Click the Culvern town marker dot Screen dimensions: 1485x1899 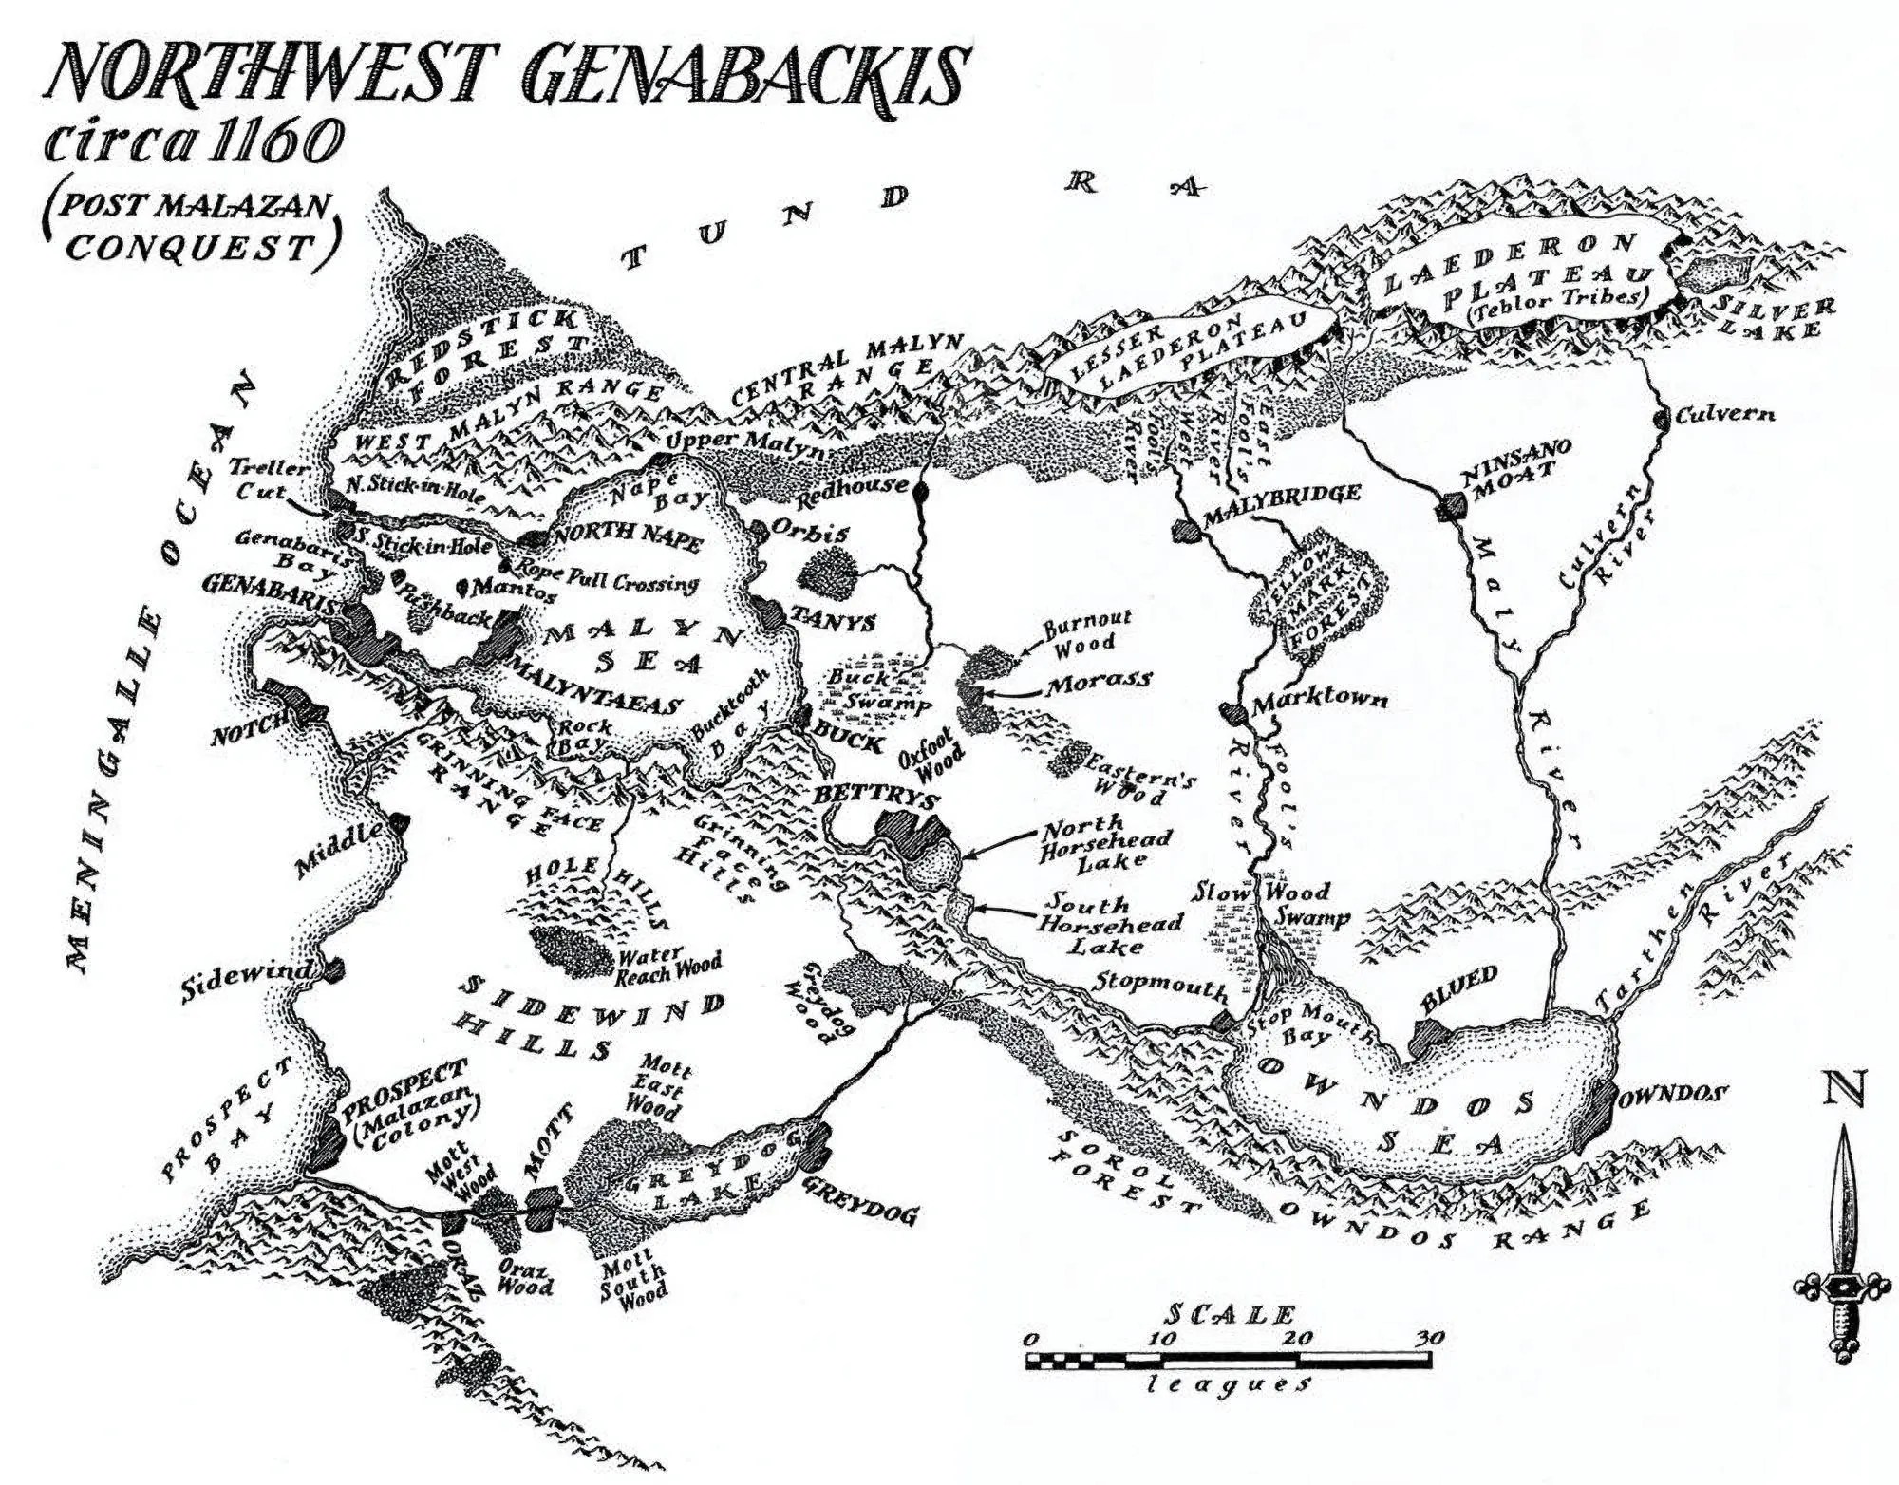point(1662,417)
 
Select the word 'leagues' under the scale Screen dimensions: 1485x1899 point(1230,1383)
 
